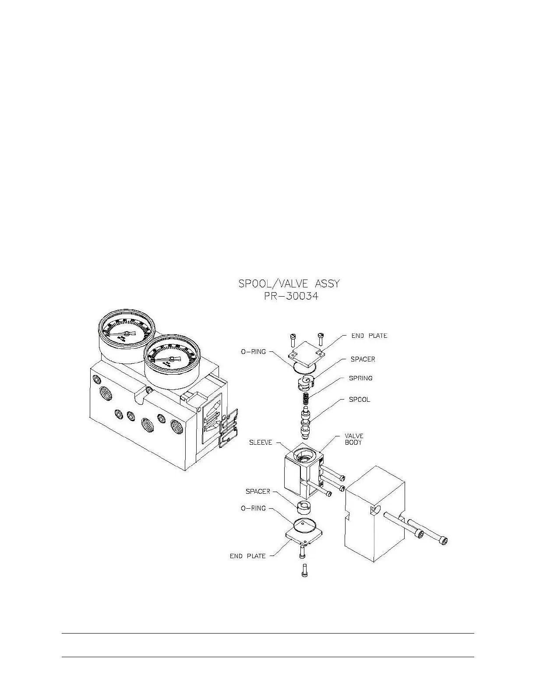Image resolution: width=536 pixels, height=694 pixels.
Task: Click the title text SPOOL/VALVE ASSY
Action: pyautogui.click(x=289, y=283)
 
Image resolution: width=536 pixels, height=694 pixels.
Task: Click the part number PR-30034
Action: pyautogui.click(x=289, y=297)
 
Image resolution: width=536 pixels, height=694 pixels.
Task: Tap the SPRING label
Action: pyautogui.click(x=360, y=378)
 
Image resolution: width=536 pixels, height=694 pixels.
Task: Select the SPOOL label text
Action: pyautogui.click(x=359, y=400)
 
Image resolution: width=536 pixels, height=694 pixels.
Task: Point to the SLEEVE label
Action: pyautogui.click(x=261, y=443)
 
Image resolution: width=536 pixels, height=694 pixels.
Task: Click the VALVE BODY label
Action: pyautogui.click(x=354, y=439)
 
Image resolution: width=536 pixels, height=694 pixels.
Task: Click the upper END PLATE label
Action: pyautogui.click(x=369, y=336)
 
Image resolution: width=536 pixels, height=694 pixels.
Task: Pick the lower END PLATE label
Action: pyautogui.click(x=248, y=556)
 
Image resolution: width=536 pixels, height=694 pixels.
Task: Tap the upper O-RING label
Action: pyautogui.click(x=253, y=351)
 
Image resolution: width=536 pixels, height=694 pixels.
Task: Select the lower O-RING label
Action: pyautogui.click(x=253, y=508)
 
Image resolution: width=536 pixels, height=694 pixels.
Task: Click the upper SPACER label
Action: pyautogui.click(x=363, y=359)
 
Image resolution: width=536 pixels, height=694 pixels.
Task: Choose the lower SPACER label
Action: pyautogui.click(x=258, y=492)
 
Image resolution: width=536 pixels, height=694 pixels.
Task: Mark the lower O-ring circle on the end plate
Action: pyautogui.click(x=304, y=524)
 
